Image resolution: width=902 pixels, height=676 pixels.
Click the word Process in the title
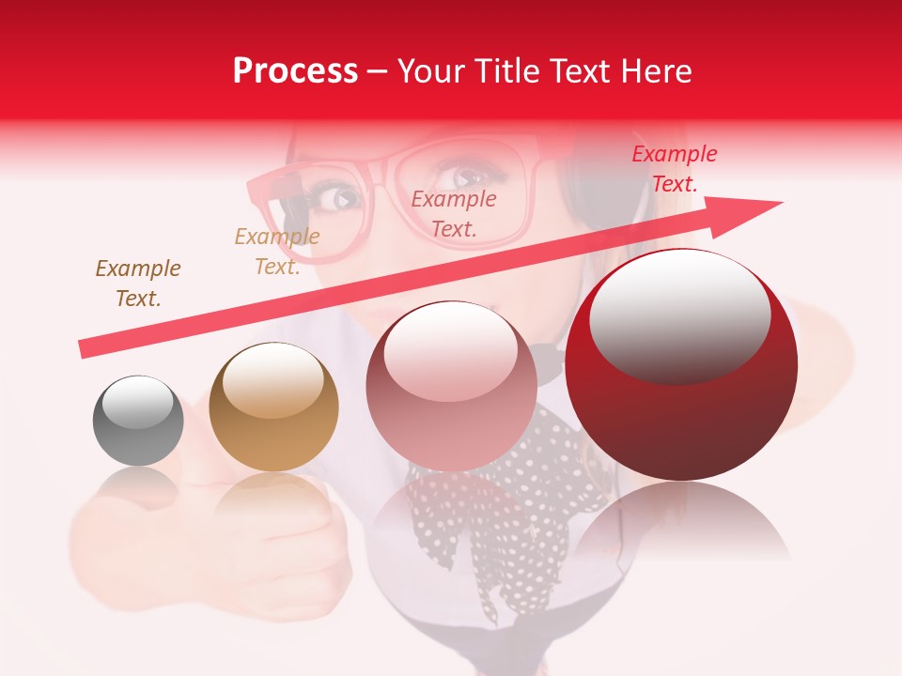tap(295, 70)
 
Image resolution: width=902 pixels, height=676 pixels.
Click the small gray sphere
tap(138, 421)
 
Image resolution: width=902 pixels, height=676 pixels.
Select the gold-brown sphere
tap(273, 407)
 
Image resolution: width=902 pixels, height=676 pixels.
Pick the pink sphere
tap(451, 386)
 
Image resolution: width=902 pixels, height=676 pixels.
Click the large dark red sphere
tap(681, 364)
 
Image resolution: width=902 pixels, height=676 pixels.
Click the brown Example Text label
tap(138, 284)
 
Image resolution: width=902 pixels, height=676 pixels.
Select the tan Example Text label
tap(277, 252)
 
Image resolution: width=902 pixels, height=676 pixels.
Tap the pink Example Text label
tap(454, 213)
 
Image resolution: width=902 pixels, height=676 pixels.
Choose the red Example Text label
tap(674, 169)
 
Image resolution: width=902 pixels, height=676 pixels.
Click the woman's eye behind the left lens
tap(337, 197)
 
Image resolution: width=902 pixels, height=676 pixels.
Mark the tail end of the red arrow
tap(85, 349)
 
